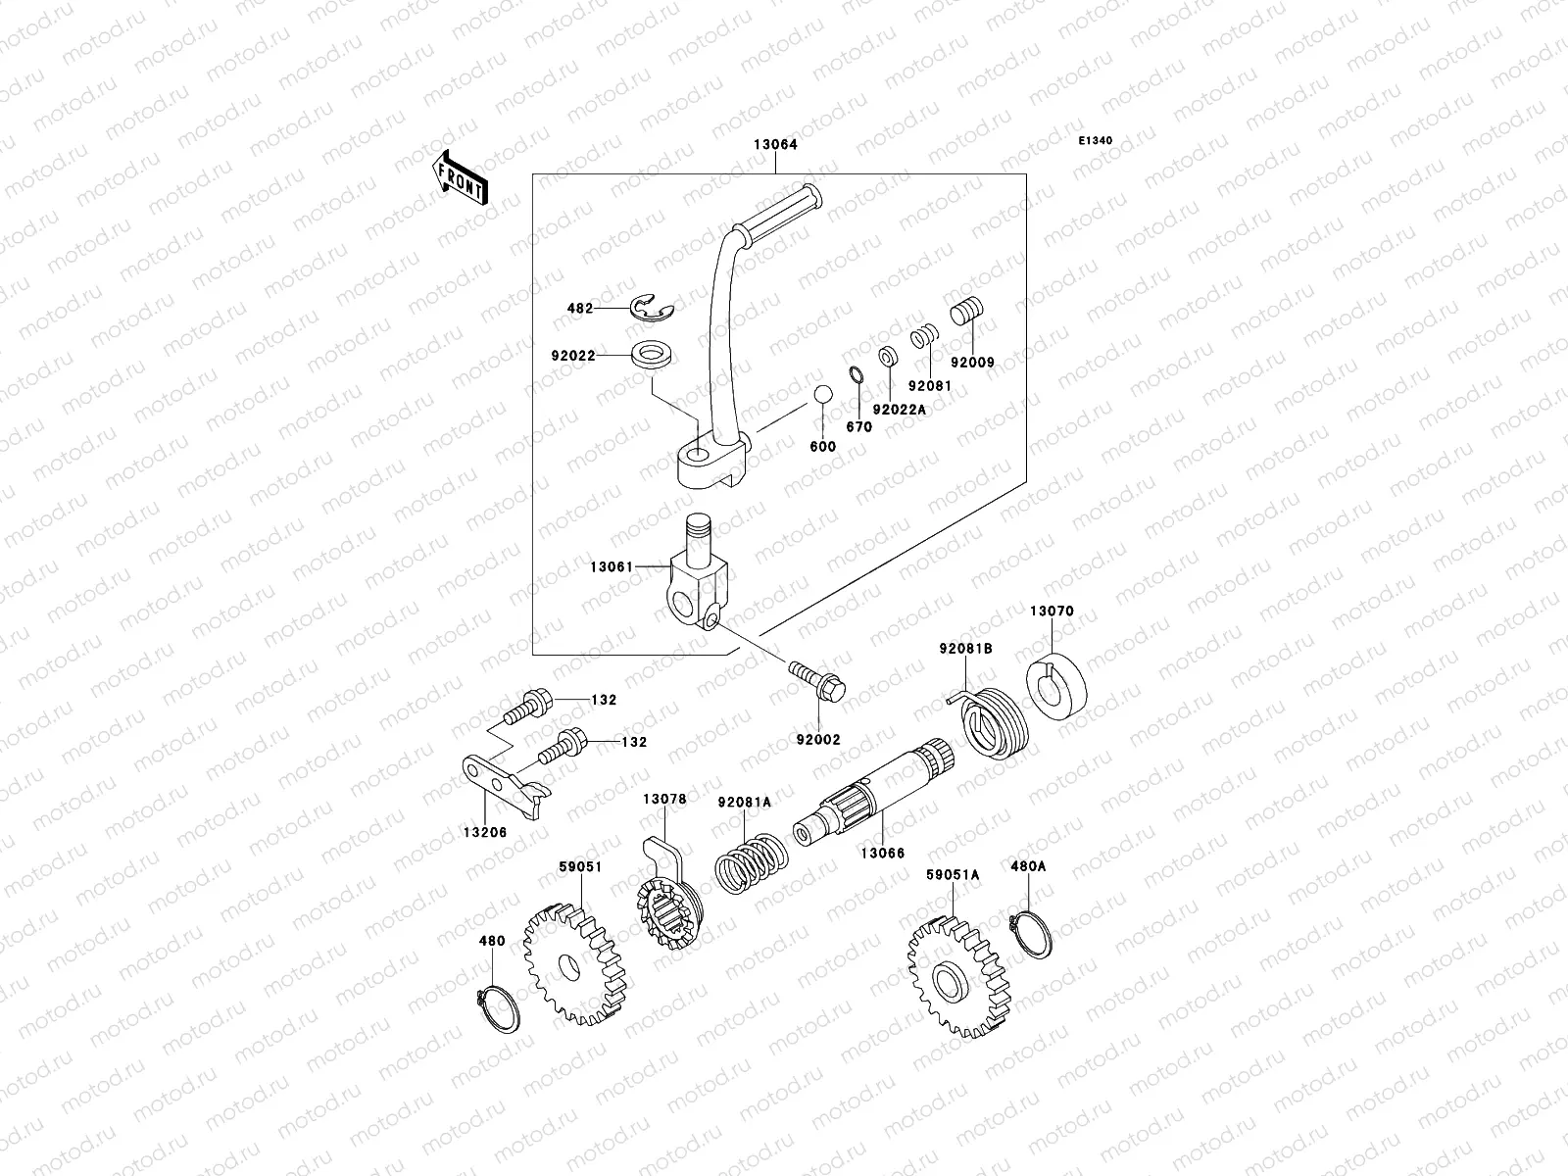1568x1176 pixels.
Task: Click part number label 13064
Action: (x=775, y=144)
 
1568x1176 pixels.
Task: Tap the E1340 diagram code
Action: (x=1096, y=141)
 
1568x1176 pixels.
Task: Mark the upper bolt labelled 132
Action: (x=530, y=705)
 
